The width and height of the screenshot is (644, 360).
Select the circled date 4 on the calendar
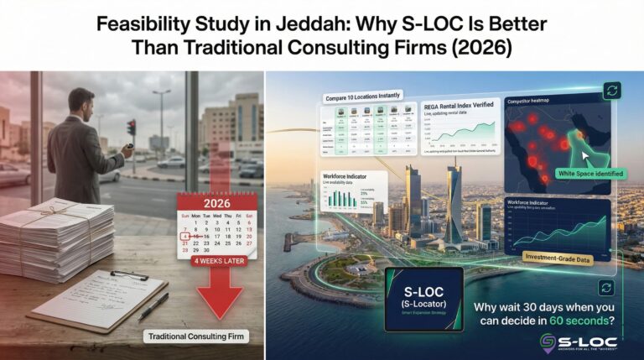coord(185,237)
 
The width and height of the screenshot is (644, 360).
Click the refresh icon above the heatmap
coord(612,90)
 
